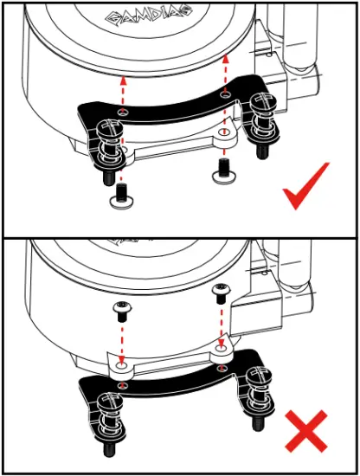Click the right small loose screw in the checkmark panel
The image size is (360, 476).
coord(224,170)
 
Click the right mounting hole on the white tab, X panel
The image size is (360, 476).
coord(221,351)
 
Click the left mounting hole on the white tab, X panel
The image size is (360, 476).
coord(122,369)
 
